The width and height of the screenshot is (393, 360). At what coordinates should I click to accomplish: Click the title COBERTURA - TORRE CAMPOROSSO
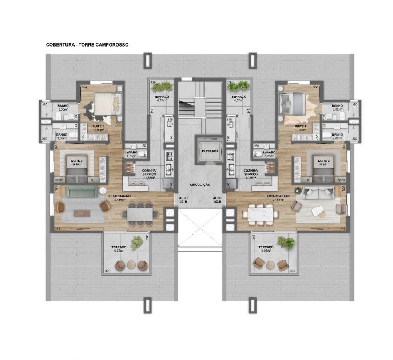tap(87, 45)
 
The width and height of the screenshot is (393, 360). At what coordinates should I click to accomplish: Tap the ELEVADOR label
tap(210, 151)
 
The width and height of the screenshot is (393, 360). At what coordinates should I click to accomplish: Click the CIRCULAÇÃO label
tap(200, 185)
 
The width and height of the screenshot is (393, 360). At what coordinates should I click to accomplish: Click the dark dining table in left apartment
tap(140, 215)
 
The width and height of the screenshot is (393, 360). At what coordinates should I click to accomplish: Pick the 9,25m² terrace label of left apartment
tap(119, 249)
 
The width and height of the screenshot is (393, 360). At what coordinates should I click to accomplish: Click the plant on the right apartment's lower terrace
tap(285, 242)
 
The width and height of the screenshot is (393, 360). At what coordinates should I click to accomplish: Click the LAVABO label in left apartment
tap(131, 152)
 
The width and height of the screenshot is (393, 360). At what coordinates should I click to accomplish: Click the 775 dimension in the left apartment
tap(57, 229)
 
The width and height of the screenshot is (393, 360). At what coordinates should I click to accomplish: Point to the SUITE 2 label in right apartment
tap(323, 161)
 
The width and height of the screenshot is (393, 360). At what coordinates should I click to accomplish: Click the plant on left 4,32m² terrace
tap(162, 87)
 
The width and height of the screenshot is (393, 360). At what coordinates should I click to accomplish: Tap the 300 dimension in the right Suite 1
tap(316, 88)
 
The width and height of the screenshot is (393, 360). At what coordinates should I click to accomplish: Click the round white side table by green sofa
tap(103, 191)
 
